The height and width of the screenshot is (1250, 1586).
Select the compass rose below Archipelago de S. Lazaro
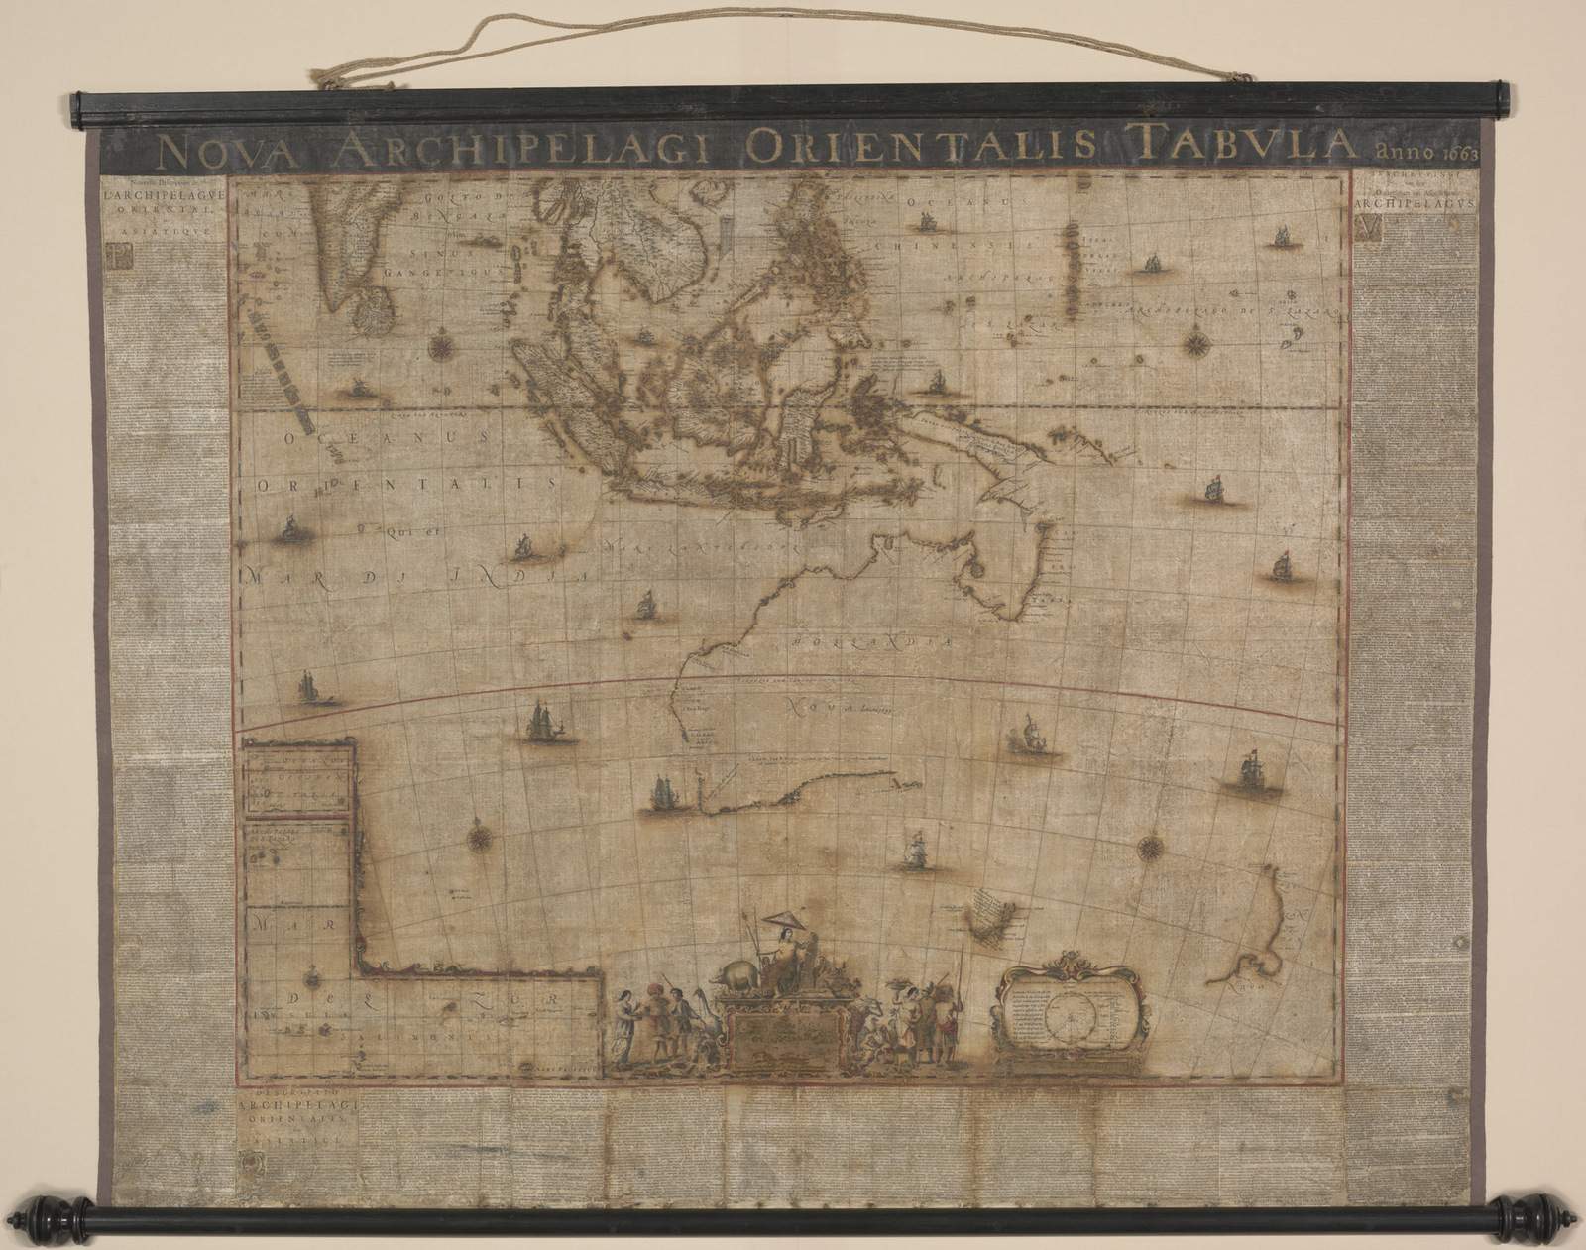[x=1195, y=345]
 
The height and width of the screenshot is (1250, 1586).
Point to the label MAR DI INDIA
[x=416, y=572]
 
